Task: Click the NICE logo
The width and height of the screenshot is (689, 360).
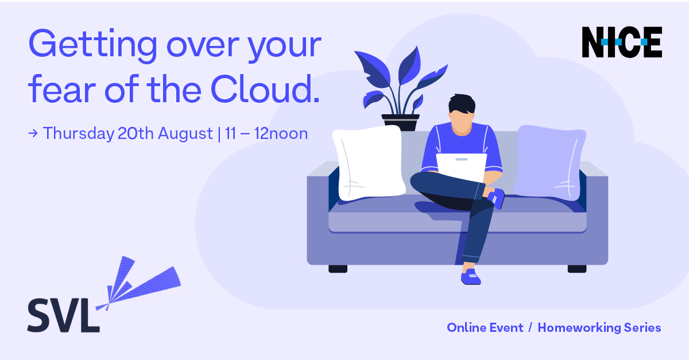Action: point(622,42)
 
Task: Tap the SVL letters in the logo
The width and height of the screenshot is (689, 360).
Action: point(64,315)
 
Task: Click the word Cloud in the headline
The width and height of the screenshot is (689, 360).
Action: point(265,89)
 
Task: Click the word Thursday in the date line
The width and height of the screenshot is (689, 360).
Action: point(79,134)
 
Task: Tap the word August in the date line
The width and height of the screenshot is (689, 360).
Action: point(185,134)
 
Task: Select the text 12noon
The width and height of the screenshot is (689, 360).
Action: point(281,134)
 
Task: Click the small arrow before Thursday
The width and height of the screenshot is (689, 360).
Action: point(33,134)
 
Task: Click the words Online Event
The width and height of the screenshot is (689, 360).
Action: point(485,328)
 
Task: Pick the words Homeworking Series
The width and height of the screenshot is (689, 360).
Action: point(599,328)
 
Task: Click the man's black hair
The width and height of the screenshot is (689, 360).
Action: point(462,104)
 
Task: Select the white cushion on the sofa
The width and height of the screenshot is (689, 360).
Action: point(369,162)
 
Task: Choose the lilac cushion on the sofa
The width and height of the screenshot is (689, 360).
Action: point(549,162)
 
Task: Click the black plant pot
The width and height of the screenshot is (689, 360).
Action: point(400,122)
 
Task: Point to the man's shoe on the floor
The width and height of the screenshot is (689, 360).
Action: point(471,277)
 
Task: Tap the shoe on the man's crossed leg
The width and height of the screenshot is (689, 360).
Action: point(496,199)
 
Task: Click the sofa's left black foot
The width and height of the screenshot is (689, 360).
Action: point(338,269)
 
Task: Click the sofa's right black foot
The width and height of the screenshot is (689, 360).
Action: point(577,269)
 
